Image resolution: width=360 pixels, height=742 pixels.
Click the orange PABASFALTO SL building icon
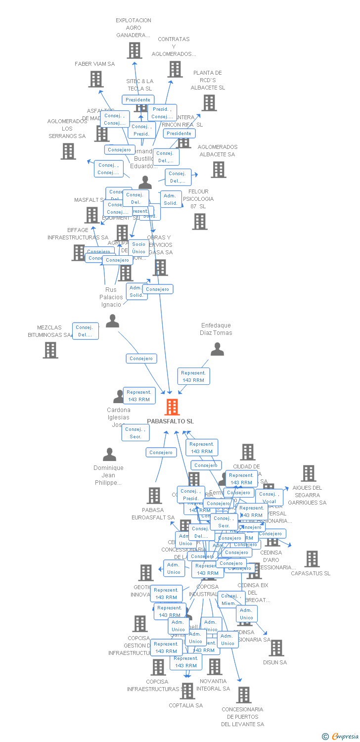pyautogui.click(x=172, y=407)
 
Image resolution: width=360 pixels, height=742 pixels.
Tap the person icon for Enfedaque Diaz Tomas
pyautogui.click(x=217, y=349)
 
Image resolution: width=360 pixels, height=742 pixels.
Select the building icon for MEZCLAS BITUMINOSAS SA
pyautogui.click(x=50, y=350)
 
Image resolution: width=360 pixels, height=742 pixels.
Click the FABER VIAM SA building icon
pyautogui.click(x=96, y=79)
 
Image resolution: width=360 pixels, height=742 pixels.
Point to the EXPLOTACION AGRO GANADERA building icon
pyautogui.click(x=134, y=50)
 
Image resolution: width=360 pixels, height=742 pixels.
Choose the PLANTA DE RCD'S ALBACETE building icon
pyautogui.click(x=209, y=103)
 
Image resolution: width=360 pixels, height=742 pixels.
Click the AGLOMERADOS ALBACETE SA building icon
pyautogui.click(x=218, y=169)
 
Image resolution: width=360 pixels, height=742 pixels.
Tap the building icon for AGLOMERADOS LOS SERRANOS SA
pyautogui.click(x=68, y=151)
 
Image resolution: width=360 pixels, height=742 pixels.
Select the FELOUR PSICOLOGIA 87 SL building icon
pyautogui.click(x=200, y=221)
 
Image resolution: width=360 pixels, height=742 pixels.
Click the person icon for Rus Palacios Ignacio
pyautogui.click(x=113, y=321)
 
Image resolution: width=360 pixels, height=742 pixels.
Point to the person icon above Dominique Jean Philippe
pyautogui.click(x=109, y=454)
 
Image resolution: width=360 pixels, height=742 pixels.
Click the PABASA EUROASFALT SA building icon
pyautogui.click(x=154, y=495)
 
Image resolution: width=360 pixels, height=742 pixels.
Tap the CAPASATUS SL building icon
pyautogui.click(x=312, y=558)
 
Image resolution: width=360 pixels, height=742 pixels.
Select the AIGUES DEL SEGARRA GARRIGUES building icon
pyautogui.click(x=309, y=473)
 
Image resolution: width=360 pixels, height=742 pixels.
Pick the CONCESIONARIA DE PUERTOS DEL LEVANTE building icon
pyautogui.click(x=243, y=695)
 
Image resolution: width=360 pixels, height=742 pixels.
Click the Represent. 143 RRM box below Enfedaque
pyautogui.click(x=193, y=376)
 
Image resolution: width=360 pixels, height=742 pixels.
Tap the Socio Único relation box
pyautogui.click(x=139, y=248)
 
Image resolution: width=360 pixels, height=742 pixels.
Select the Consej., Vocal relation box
pyautogui.click(x=270, y=497)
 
